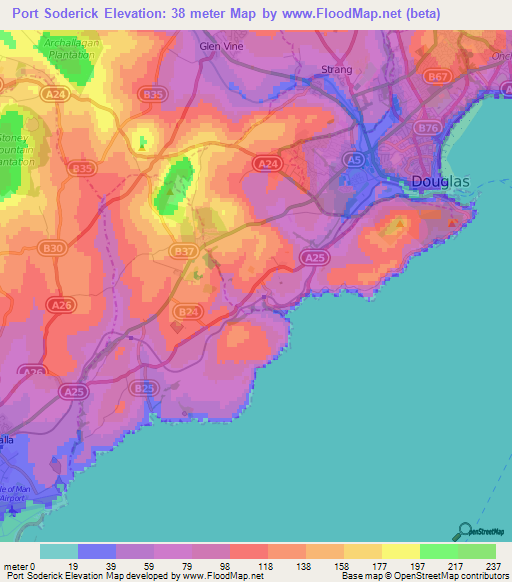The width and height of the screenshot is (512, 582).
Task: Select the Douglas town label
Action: tap(440, 181)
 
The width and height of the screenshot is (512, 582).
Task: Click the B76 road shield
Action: tap(429, 128)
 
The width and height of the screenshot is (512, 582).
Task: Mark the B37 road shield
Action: tap(183, 250)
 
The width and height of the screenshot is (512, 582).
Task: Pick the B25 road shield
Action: tap(145, 388)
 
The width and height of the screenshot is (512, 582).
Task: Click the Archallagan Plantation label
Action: tap(68, 49)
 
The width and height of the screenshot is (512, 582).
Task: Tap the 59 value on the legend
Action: tap(142, 565)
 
